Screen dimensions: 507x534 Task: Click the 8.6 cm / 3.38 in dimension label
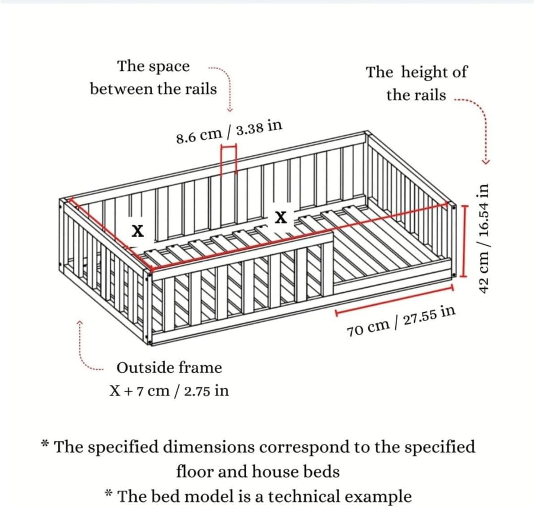tap(229, 131)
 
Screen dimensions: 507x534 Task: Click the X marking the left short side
tap(137, 231)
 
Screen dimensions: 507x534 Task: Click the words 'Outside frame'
tap(169, 368)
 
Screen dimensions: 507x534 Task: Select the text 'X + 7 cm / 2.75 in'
tap(169, 391)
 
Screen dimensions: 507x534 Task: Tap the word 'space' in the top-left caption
tap(169, 67)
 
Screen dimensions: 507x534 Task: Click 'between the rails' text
tap(153, 89)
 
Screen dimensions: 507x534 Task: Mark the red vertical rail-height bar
tap(464, 241)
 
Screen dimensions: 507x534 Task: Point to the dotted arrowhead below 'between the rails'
tap(229, 110)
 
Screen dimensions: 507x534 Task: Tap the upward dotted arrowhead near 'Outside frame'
tap(80, 321)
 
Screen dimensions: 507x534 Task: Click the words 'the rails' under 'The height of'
tap(416, 95)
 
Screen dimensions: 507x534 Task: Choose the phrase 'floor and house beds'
tap(258, 472)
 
